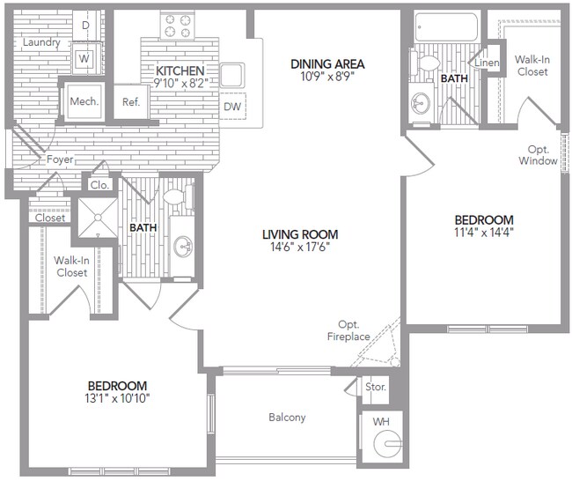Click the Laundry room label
(41, 42)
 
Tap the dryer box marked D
(85, 26)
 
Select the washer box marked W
(85, 59)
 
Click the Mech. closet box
(84, 100)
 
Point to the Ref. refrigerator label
(131, 101)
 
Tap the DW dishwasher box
(232, 107)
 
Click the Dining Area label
(327, 64)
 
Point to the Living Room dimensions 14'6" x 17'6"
(300, 248)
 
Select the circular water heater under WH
(385, 444)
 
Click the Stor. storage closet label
(375, 388)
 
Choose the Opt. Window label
(538, 155)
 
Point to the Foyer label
(60, 159)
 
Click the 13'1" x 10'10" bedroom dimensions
(117, 399)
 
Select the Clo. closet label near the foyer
(99, 185)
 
